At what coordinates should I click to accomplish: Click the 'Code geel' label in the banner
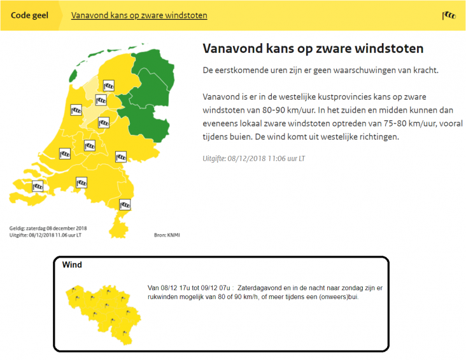click(29, 15)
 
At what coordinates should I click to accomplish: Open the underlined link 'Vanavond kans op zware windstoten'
click(139, 15)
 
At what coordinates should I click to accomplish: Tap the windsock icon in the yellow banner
click(448, 15)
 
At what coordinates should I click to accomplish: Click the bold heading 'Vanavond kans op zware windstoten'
click(313, 48)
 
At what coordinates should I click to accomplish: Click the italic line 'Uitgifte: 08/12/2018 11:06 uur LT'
click(254, 158)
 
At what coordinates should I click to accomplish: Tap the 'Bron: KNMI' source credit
click(167, 235)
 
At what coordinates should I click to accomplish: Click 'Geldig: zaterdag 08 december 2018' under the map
click(48, 228)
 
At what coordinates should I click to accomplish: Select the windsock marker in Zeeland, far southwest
click(38, 186)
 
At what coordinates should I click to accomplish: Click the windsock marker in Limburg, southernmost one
click(125, 205)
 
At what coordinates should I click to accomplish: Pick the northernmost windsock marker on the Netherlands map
click(109, 86)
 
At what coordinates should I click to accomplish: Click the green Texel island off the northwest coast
click(73, 76)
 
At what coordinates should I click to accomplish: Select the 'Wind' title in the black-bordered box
click(72, 265)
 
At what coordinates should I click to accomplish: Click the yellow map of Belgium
click(103, 315)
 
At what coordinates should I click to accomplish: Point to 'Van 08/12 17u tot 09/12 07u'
click(188, 288)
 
